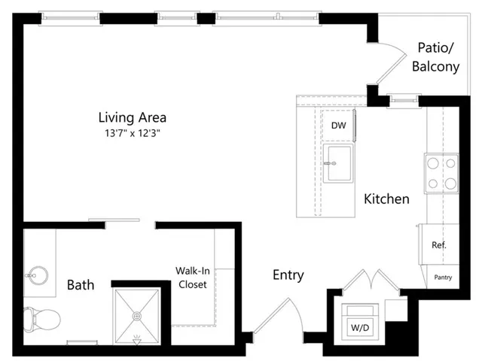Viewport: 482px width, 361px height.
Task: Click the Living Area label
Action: click(133, 117)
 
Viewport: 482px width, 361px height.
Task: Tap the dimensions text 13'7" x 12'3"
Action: click(133, 133)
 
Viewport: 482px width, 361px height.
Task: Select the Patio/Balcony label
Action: click(435, 57)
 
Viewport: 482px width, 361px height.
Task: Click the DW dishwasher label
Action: click(338, 126)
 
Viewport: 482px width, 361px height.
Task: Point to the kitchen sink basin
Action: click(339, 163)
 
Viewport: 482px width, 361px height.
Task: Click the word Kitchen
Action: click(386, 199)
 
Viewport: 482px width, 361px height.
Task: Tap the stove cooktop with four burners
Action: click(442, 174)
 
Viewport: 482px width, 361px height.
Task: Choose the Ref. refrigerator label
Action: click(439, 245)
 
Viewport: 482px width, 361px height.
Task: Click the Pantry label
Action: click(443, 278)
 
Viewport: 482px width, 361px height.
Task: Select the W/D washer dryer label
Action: click(360, 328)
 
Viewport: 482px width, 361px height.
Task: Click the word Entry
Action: click(288, 275)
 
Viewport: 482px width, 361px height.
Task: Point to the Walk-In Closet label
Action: click(193, 278)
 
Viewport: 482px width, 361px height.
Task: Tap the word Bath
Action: click(81, 285)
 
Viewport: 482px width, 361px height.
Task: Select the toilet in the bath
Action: click(42, 320)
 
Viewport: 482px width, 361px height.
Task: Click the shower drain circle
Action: click(137, 316)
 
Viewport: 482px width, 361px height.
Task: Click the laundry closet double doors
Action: click(371, 279)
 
